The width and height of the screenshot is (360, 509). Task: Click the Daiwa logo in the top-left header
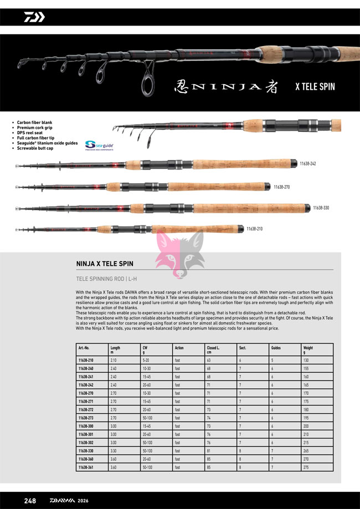coord(34,17)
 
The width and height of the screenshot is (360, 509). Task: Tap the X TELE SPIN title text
coord(315,87)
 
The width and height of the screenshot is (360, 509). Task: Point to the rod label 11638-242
coord(307,164)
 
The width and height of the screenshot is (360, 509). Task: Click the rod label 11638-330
coord(321,208)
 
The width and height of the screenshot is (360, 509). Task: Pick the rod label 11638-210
coord(255,229)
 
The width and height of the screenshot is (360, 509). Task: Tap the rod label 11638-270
coord(282,187)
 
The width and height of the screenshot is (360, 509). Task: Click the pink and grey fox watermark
coord(180,252)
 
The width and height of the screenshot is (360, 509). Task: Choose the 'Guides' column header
coord(276,348)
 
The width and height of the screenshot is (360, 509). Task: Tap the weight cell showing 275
coord(306,467)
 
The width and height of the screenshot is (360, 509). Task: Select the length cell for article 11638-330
coord(114,451)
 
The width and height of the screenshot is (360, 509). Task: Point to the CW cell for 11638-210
coord(147,360)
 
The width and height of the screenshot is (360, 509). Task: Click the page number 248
coord(30,501)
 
